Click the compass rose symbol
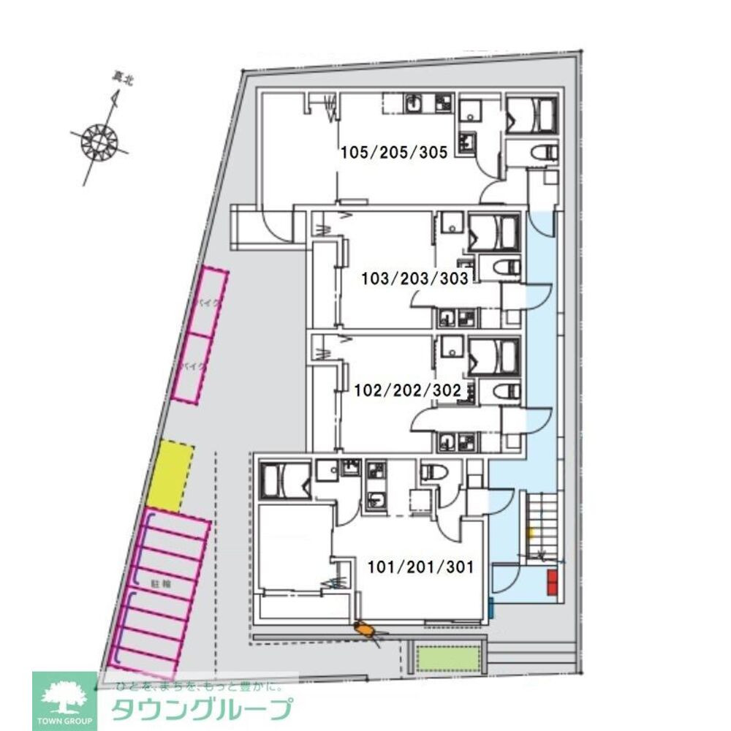(x=98, y=139)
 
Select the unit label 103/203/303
(x=415, y=278)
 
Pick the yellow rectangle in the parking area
(x=170, y=475)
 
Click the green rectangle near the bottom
(x=448, y=659)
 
